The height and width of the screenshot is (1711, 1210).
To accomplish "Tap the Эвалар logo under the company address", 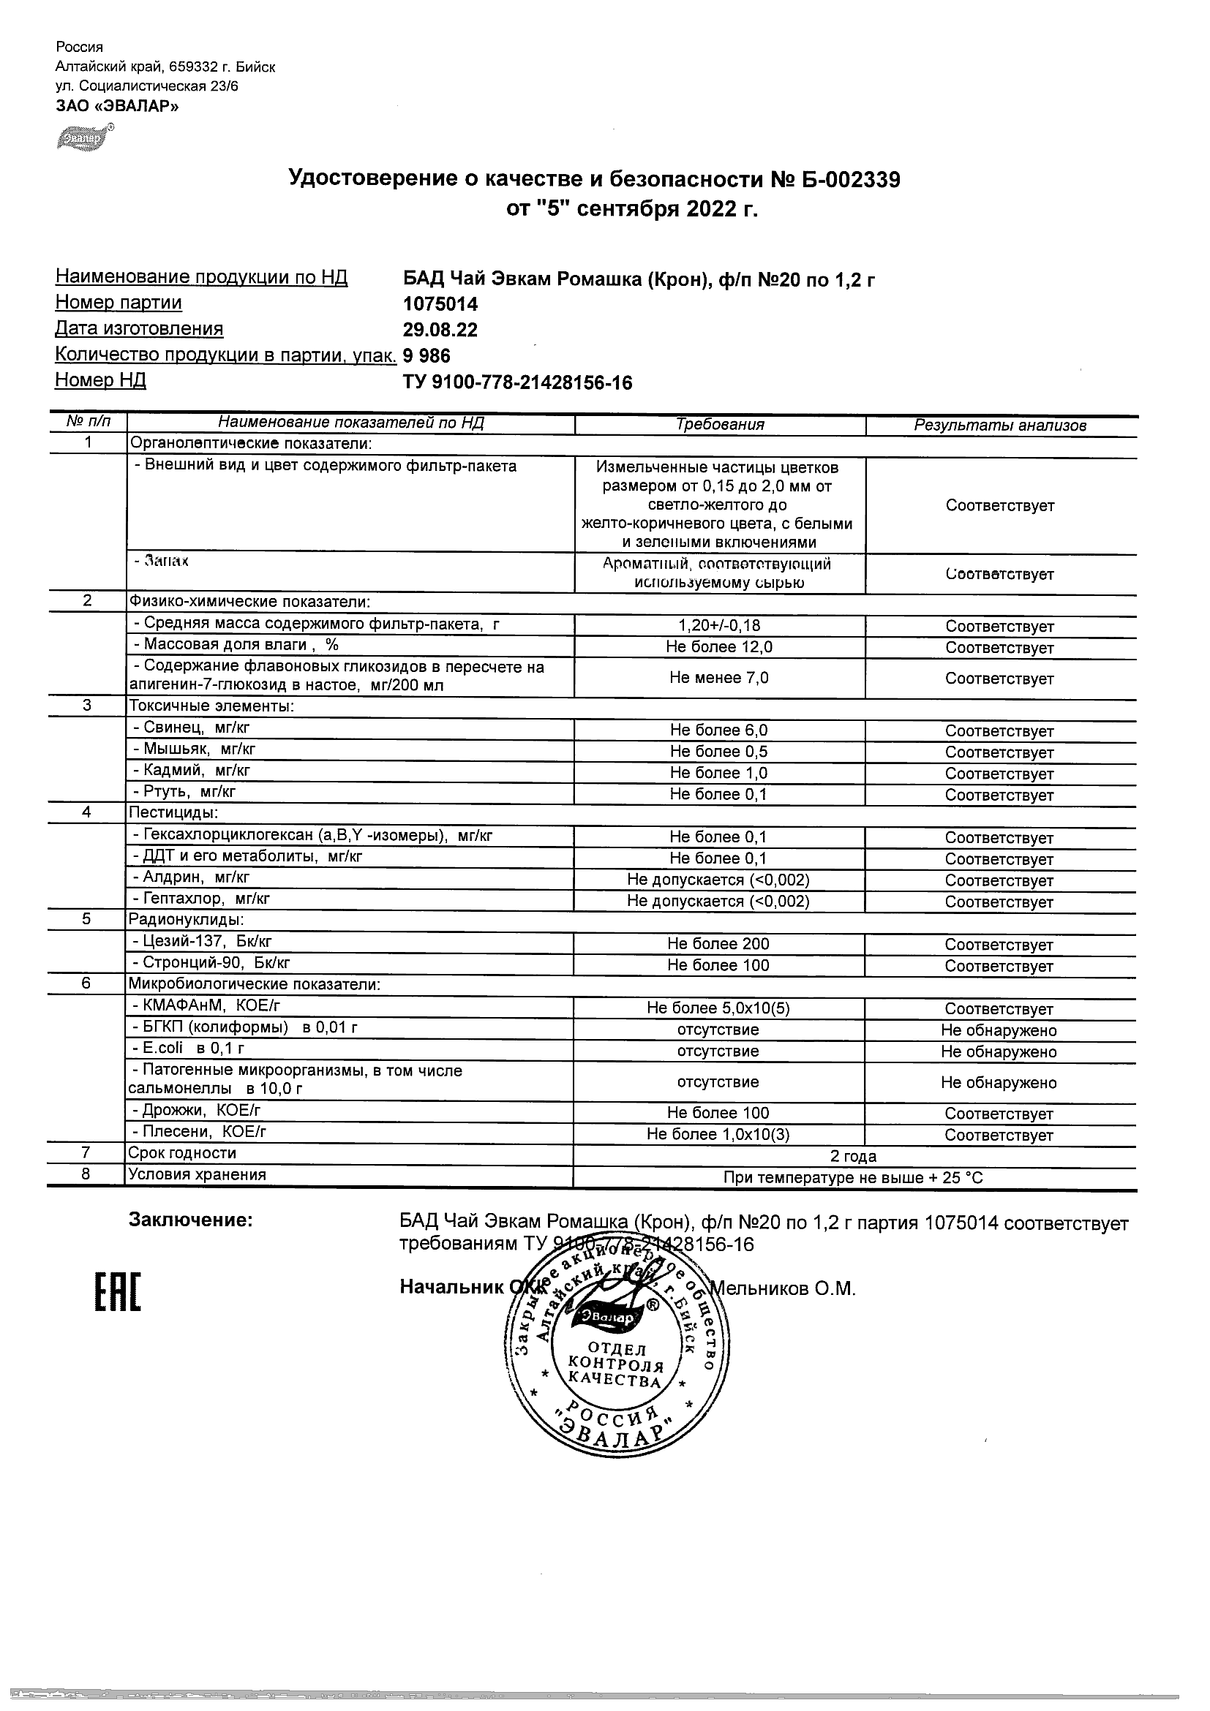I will pos(84,138).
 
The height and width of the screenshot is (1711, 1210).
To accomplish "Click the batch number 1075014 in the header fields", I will pos(440,304).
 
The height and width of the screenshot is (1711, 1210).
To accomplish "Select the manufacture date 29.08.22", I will pos(440,330).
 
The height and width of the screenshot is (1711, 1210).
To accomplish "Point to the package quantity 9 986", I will pos(426,355).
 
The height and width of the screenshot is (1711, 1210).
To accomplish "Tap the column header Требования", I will pos(719,425).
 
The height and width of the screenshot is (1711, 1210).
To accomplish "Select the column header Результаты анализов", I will pos(1000,426).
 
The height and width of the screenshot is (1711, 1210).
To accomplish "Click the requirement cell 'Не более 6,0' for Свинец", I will pos(718,730).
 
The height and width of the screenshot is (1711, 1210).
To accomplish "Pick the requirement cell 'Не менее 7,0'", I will pos(718,677).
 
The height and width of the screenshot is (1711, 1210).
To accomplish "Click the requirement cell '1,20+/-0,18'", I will pos(718,626).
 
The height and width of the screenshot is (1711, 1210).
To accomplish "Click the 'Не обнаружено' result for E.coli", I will pos(999,1051).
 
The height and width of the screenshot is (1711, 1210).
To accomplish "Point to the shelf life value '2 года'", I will pos(853,1157).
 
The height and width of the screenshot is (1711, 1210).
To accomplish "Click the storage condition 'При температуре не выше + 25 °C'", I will pos(853,1178).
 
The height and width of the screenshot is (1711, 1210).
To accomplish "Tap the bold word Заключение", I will pos(191,1220).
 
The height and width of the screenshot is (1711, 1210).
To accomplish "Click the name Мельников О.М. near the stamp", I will pos(783,1288).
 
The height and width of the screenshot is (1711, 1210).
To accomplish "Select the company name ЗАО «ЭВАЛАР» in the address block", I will pos(117,106).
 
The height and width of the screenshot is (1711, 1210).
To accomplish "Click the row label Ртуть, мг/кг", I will pos(184,791).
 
